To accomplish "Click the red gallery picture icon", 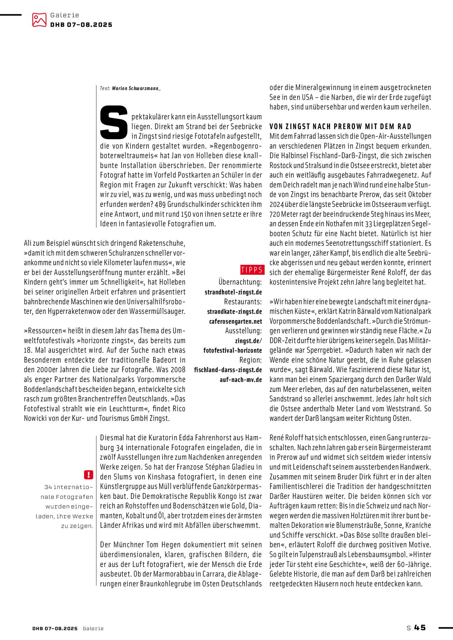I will (39, 20).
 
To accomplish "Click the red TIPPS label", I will (252, 270).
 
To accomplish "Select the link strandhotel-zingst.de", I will (233, 292).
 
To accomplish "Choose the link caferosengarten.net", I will (236, 322).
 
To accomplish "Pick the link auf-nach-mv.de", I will (241, 380).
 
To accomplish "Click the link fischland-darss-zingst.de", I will (228, 370).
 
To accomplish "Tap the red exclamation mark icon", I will (88, 474).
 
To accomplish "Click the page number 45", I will (420, 627).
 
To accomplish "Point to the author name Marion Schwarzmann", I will (136, 88).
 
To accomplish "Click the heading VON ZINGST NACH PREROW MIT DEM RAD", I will (340, 127).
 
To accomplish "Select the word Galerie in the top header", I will (65, 15).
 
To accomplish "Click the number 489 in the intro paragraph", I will (160, 204).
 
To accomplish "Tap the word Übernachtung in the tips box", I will (240, 282).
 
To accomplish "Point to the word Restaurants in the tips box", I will (243, 302).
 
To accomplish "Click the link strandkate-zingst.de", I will (235, 312).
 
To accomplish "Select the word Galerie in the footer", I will (93, 628).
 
